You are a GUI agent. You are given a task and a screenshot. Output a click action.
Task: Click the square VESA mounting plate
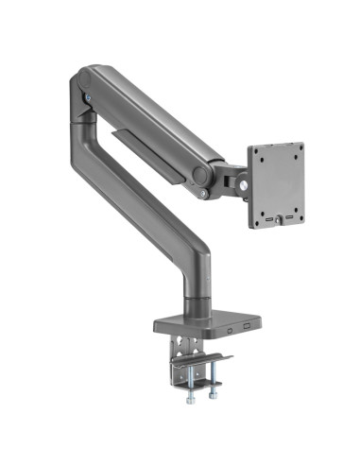coord(275,184)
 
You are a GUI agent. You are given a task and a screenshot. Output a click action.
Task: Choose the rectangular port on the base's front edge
coord(249,327)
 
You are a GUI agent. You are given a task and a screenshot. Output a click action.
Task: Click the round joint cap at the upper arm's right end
coord(199,174)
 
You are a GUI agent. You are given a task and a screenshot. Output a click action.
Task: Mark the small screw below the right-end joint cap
coord(203,194)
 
